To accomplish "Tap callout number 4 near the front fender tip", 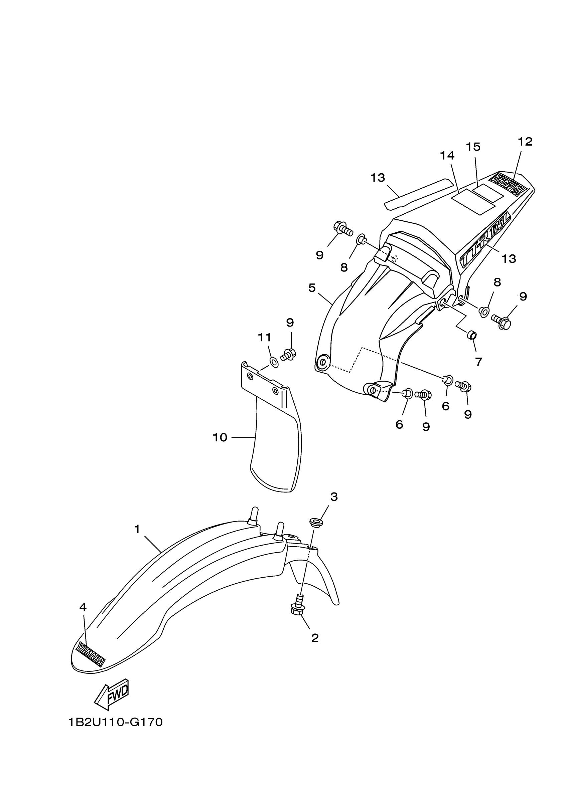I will (83, 607).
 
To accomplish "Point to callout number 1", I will (137, 529).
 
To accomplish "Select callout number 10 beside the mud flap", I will (220, 437).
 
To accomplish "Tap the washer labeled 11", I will (274, 362).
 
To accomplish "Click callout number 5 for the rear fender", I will (312, 288).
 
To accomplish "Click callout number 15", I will (473, 147).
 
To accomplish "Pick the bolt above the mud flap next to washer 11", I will (288, 355).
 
